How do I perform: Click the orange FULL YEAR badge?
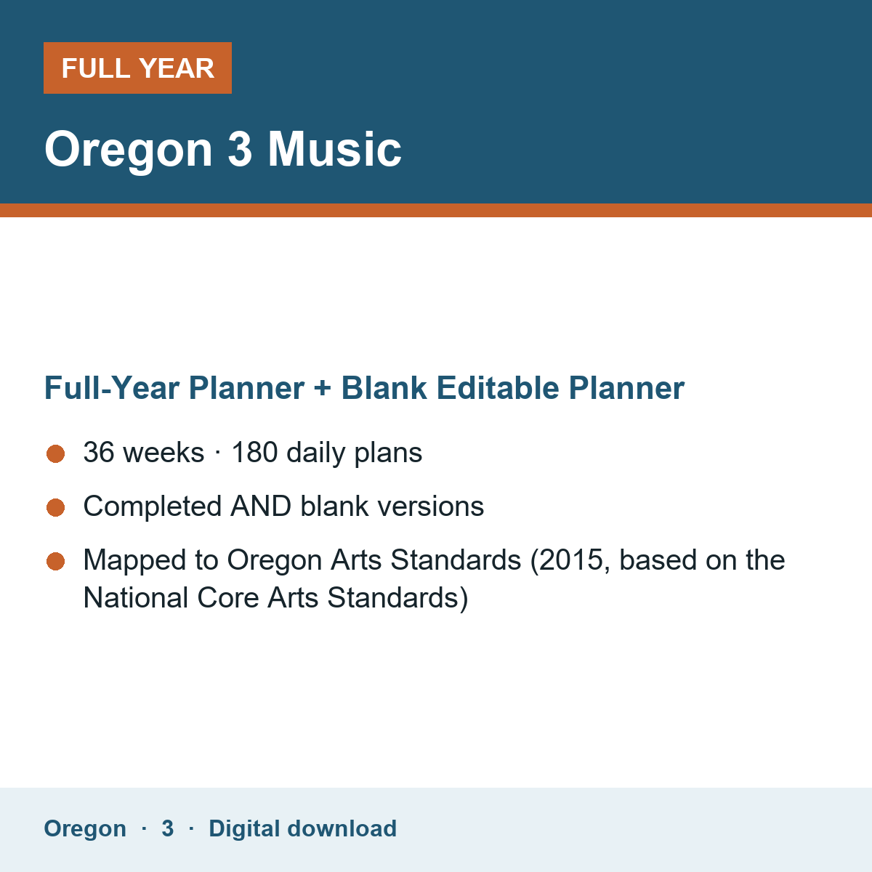tap(137, 68)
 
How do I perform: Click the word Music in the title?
tap(334, 150)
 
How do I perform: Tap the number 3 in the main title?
tap(240, 150)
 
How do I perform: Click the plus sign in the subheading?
tap(323, 389)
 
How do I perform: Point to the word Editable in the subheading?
tap(498, 388)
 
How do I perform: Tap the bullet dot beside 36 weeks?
tap(56, 454)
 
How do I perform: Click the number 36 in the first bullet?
tap(99, 452)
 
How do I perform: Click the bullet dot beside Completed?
tap(56, 507)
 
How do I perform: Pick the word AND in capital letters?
tap(261, 506)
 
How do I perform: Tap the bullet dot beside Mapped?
tap(56, 562)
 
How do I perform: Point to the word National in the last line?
tap(136, 598)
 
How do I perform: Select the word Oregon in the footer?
tap(85, 829)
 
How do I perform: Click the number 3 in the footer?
tap(168, 828)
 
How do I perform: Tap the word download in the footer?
tap(342, 828)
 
